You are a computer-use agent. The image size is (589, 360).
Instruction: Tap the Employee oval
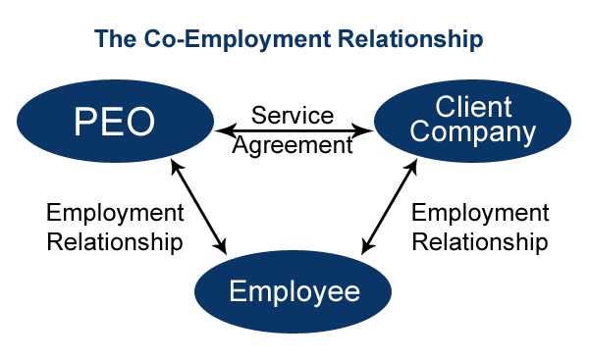pos(294,291)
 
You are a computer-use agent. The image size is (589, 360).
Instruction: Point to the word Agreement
pos(293,145)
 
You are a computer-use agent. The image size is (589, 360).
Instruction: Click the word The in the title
pos(112,40)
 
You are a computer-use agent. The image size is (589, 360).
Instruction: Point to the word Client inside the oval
pos(473,106)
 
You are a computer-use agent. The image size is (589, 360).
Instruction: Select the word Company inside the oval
pos(473,132)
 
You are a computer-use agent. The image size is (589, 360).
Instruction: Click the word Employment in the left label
pos(115,213)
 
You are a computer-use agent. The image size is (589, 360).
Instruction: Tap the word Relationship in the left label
pos(115,242)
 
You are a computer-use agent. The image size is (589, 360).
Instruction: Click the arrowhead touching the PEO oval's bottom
pos(176,168)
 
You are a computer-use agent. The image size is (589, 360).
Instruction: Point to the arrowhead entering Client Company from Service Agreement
pos(367,129)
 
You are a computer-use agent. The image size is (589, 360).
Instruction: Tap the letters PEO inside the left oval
pos(115,123)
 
